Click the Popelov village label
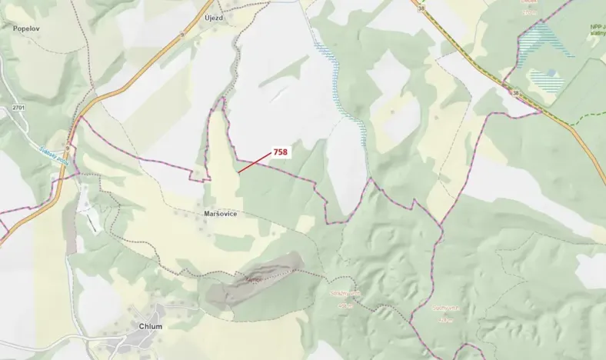pyautogui.click(x=26, y=28)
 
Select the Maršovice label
pyautogui.click(x=221, y=213)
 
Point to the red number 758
pyautogui.click(x=280, y=152)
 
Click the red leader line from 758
pyautogui.click(x=254, y=162)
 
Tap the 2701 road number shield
pyautogui.click(x=19, y=108)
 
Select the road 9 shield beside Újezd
pyautogui.click(x=182, y=34)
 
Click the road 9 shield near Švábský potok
pyautogui.click(x=68, y=147)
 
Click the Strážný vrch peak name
pyautogui.click(x=345, y=293)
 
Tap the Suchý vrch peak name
pyautogui.click(x=445, y=308)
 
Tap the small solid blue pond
pyautogui.click(x=551, y=72)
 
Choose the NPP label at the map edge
pyautogui.click(x=597, y=27)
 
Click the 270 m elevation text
pyautogui.click(x=528, y=13)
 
